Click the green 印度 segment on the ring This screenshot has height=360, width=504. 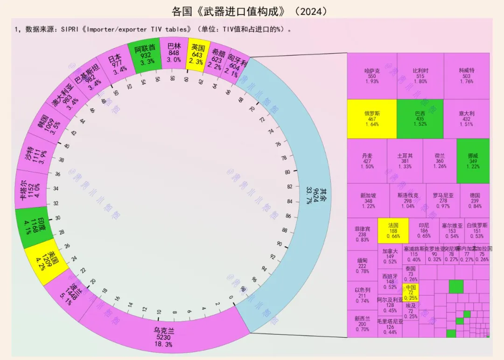[x=31, y=227]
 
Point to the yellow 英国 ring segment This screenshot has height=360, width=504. [x=198, y=54]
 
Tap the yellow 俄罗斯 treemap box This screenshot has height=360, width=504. [x=371, y=118]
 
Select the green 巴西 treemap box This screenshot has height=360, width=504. [x=420, y=118]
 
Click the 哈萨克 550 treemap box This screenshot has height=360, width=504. [x=371, y=76]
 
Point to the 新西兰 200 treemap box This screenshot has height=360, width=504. [x=362, y=324]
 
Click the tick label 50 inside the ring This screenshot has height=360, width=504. [x=116, y=93]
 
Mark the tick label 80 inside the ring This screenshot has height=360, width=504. [x=287, y=172]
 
